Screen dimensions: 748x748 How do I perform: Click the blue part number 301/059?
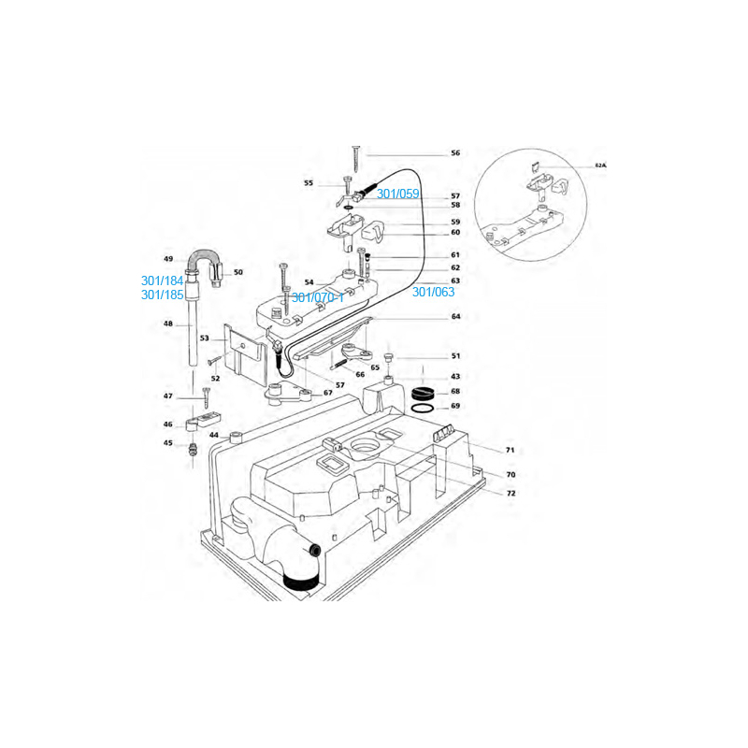[398, 194]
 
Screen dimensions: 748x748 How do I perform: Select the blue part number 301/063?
[433, 292]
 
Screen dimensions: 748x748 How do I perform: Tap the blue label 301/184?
[162, 280]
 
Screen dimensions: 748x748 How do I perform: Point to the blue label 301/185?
[162, 295]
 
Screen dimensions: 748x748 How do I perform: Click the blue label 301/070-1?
[318, 297]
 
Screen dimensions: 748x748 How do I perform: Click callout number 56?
[455, 153]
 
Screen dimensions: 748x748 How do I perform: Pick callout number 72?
[511, 494]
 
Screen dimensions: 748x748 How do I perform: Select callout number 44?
[214, 435]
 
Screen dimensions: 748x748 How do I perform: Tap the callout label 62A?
[600, 165]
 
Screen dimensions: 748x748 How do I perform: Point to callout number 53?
[204, 338]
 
